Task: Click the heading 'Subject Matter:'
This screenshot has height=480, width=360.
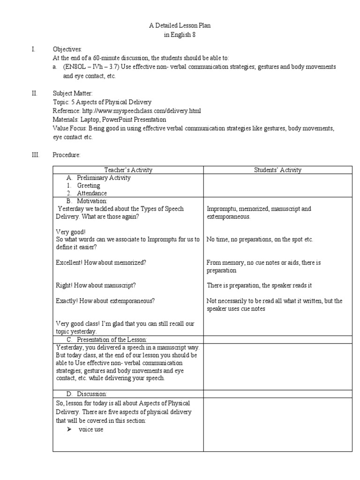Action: [x=73, y=93]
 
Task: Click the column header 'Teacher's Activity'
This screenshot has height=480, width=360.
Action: [x=127, y=170]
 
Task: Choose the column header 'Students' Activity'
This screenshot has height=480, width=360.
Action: [x=277, y=170]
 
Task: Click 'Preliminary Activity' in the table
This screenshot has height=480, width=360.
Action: [x=104, y=178]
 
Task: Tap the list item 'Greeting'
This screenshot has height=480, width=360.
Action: [x=89, y=186]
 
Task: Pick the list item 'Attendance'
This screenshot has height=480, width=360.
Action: [x=92, y=193]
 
